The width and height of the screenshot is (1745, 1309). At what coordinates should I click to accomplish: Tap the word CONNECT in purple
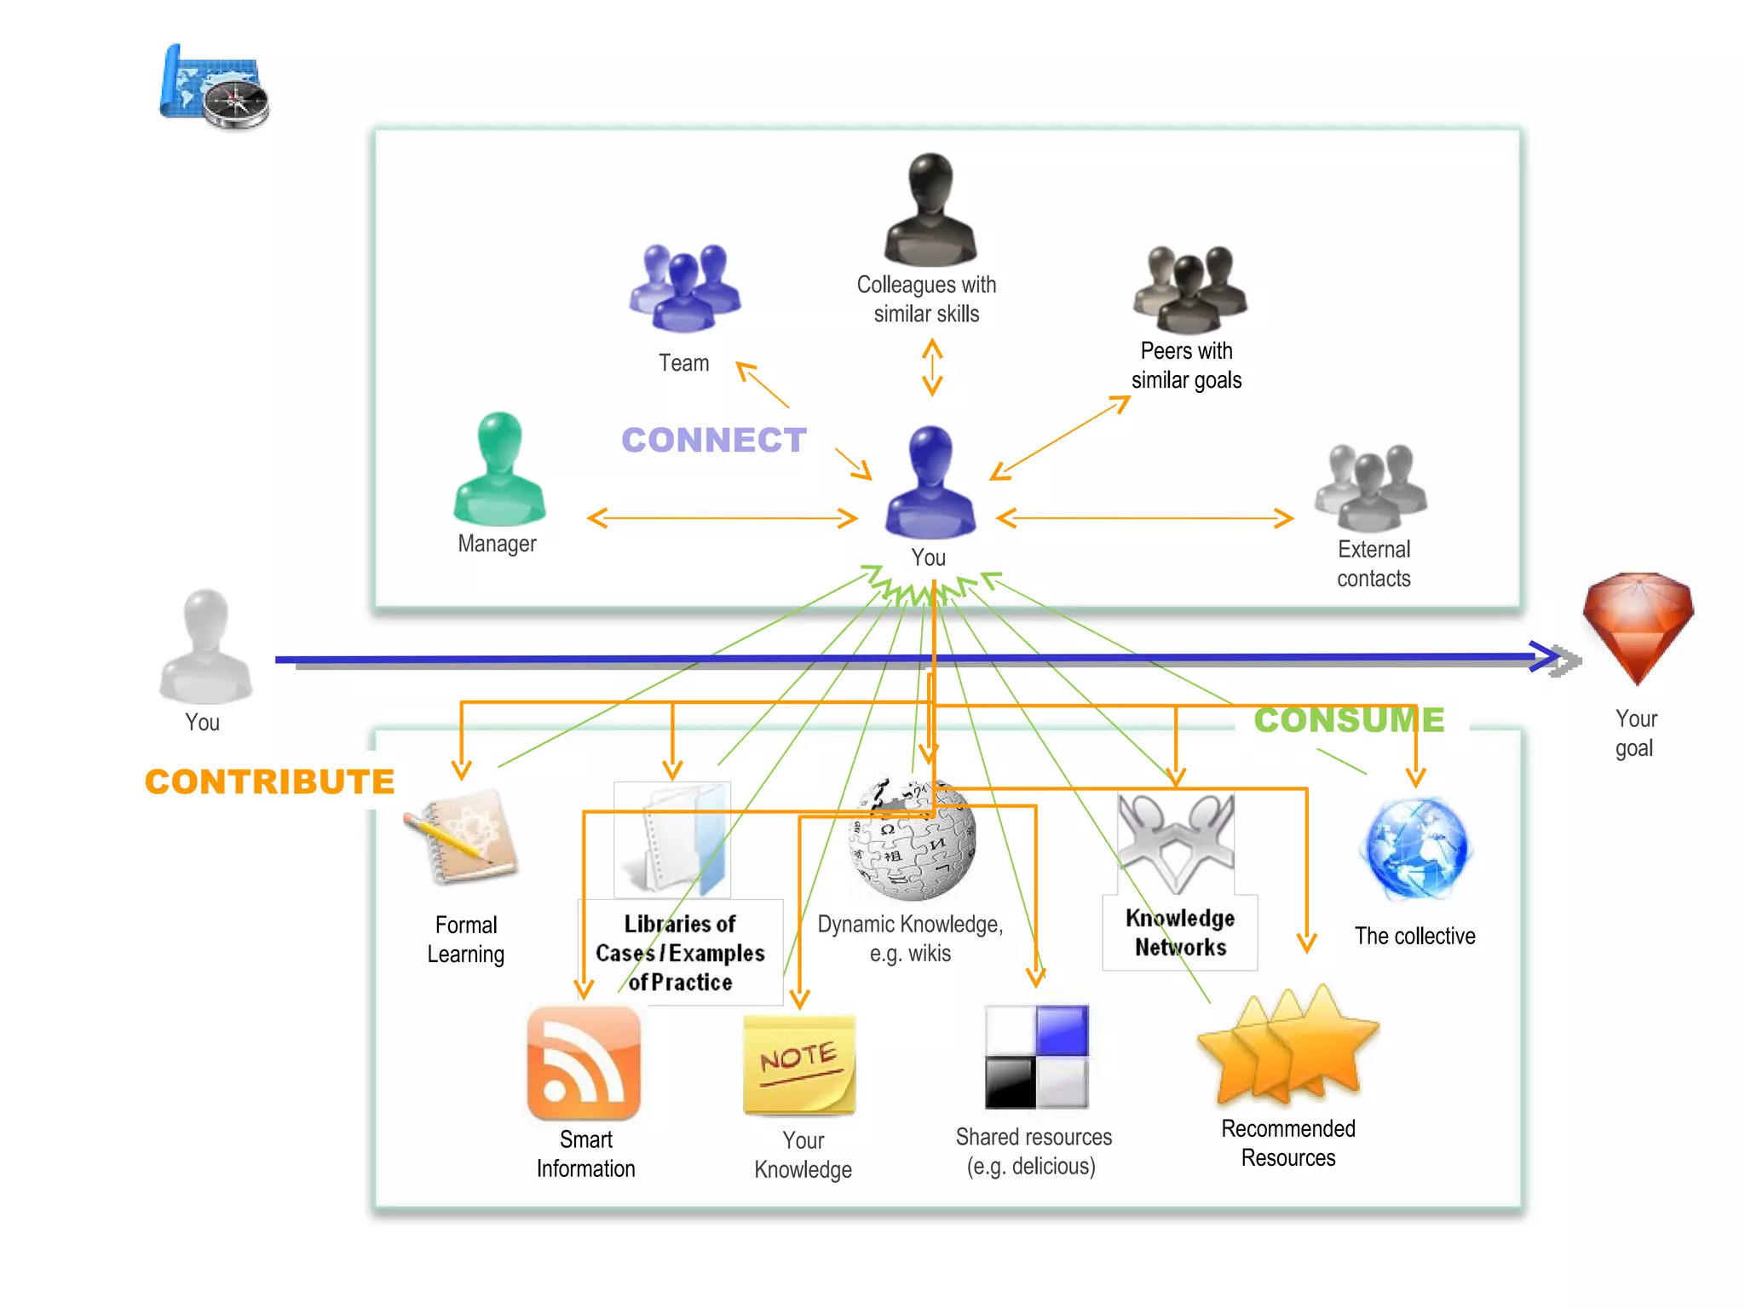point(713,440)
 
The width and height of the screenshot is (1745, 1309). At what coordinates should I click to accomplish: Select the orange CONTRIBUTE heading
point(269,781)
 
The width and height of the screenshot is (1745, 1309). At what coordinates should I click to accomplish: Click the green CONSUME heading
point(1349,720)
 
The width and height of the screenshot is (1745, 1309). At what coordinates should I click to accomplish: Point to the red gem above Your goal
point(1638,626)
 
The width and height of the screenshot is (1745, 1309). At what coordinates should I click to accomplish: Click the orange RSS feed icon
point(584,1064)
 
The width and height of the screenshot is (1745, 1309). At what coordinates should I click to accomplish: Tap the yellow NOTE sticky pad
point(799,1065)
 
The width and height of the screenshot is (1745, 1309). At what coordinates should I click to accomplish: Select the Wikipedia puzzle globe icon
point(913,839)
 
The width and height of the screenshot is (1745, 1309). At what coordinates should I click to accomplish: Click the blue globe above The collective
point(1416,849)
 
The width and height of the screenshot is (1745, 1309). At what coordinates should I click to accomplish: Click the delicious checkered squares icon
point(1036,1057)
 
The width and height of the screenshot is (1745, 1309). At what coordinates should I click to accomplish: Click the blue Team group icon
point(685,288)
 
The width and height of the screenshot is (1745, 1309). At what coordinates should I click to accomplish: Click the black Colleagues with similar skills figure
point(930,210)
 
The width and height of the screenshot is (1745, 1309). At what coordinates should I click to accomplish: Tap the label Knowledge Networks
point(1180,932)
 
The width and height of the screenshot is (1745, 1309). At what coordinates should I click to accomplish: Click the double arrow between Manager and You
point(722,517)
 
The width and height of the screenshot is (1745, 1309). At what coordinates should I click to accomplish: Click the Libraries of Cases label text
point(680,953)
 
